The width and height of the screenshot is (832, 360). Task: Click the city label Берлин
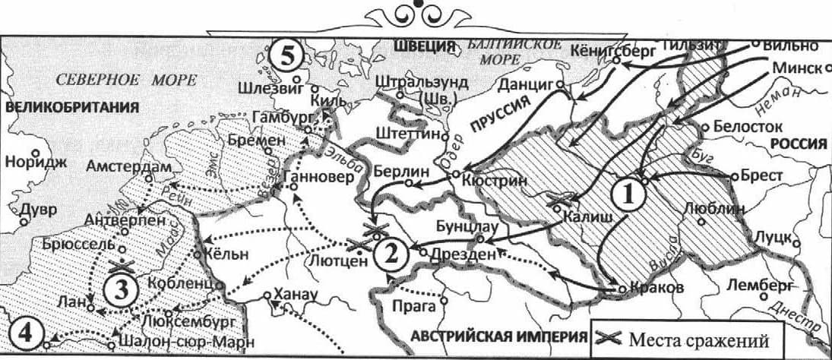395,171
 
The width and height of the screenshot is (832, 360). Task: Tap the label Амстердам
125,166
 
